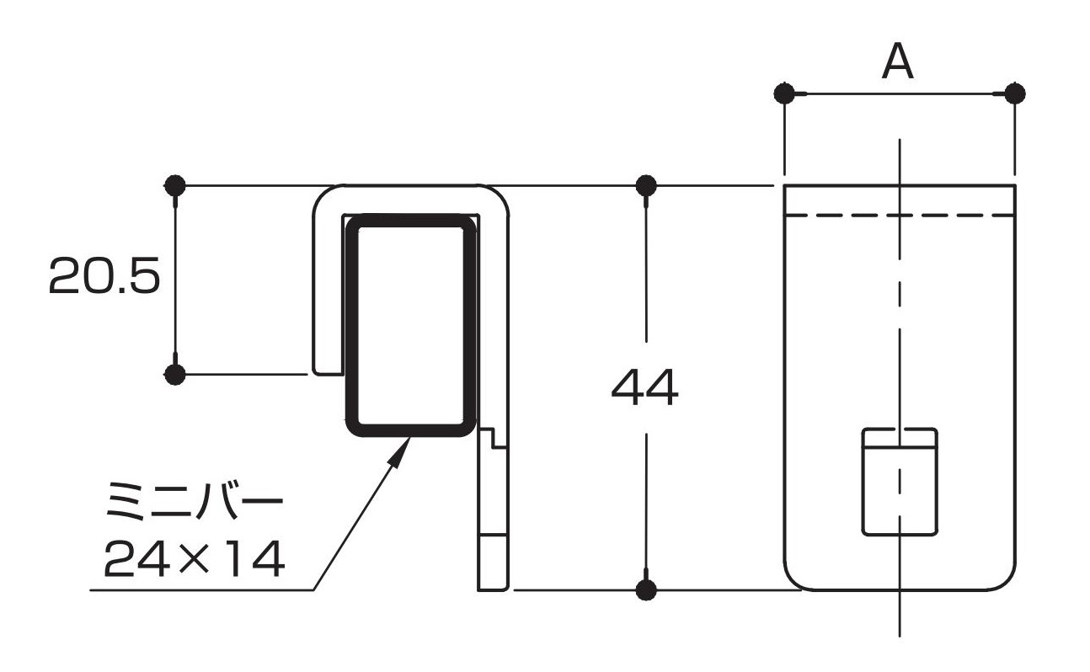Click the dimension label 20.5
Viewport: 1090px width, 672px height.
pos(104,275)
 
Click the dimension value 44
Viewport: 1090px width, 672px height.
pos(644,388)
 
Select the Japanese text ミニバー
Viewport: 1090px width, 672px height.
pos(195,501)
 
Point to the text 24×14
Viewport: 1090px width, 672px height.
pos(195,558)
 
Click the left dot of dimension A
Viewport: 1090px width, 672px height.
pos(784,93)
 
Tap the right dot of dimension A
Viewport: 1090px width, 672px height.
pos(1015,93)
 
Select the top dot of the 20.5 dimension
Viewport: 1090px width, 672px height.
pos(175,185)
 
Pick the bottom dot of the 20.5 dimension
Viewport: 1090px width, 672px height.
pos(175,375)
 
